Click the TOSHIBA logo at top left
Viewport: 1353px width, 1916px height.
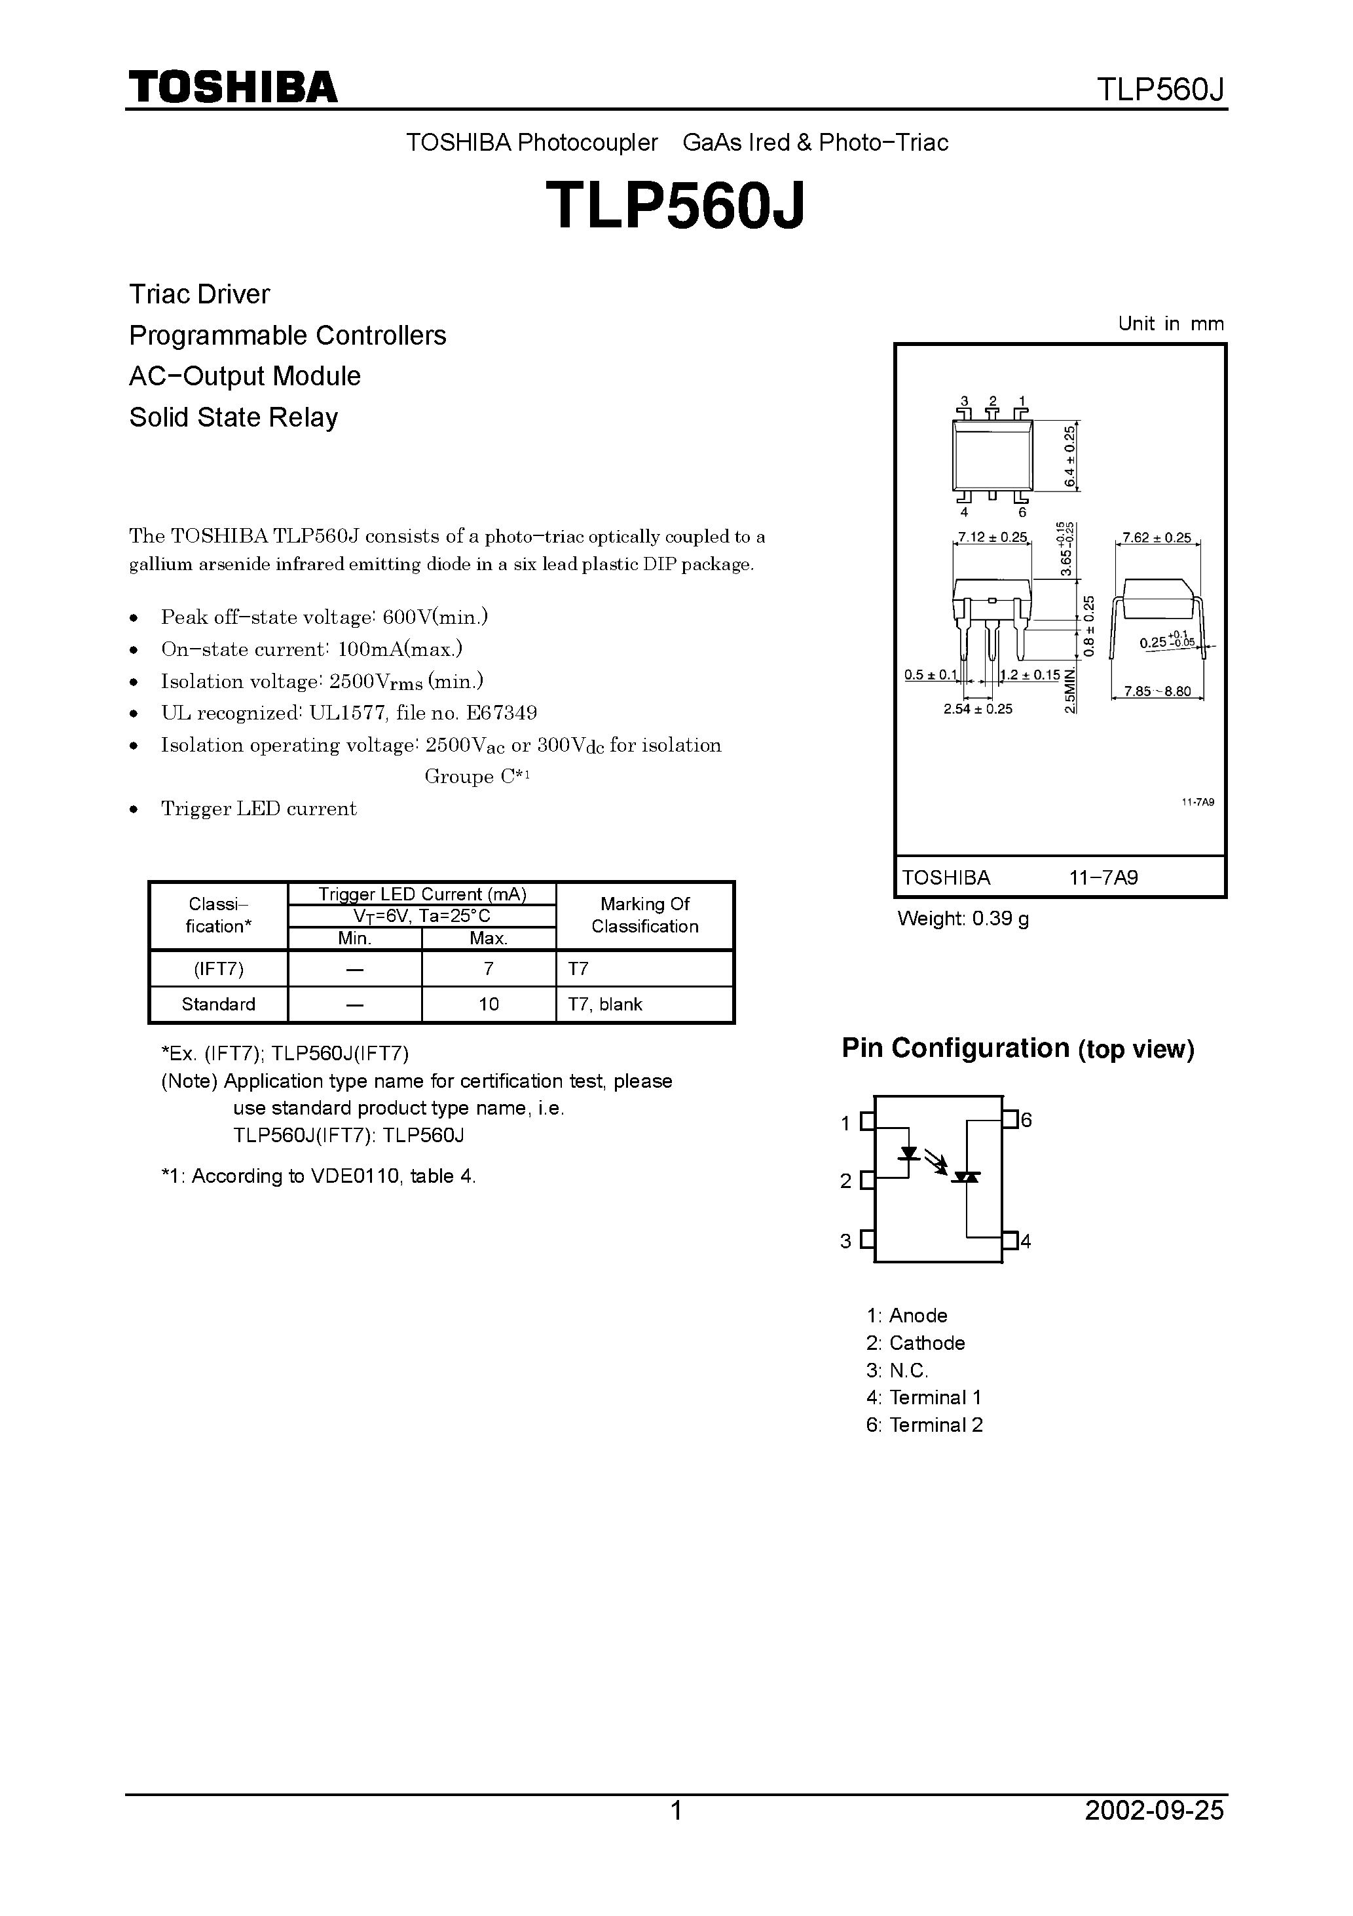tap(232, 86)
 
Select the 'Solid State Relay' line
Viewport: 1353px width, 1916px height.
tap(234, 417)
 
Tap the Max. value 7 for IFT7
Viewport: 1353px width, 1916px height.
tap(489, 969)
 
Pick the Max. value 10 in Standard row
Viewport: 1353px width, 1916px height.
tap(489, 1005)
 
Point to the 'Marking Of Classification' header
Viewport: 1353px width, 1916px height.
tap(645, 915)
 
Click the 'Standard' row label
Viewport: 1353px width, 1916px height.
tap(219, 1005)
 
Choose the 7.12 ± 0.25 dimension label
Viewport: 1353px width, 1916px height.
tap(993, 537)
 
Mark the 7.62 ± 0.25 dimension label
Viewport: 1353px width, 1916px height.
tap(1157, 538)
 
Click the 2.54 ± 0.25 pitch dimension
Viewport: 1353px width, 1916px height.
tap(978, 709)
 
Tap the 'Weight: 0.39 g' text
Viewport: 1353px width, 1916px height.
tap(963, 919)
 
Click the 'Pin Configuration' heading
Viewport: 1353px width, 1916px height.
tap(955, 1048)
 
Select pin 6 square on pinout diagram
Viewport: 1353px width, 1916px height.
tap(1010, 1119)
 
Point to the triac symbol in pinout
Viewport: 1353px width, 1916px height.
tap(967, 1177)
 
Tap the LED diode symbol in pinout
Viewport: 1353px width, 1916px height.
tap(908, 1155)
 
